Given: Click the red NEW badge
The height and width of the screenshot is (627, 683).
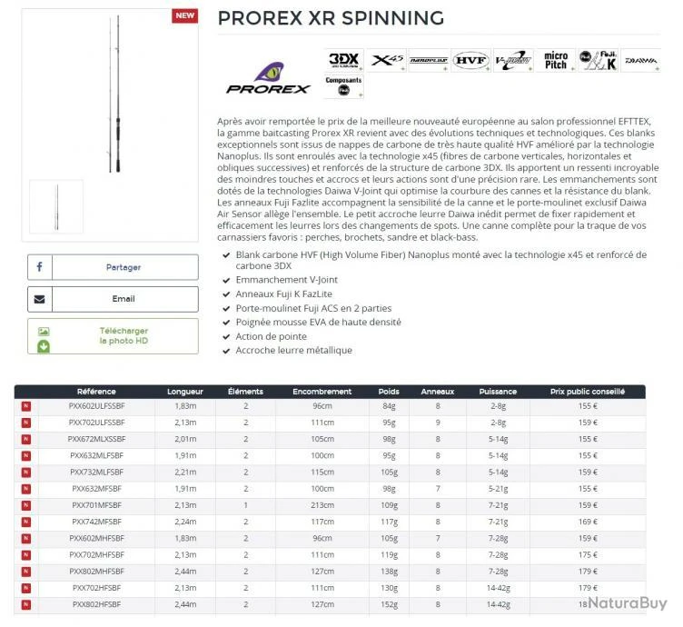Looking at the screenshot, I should coord(184,16).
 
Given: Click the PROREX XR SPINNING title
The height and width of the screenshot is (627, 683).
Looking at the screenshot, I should coord(331,18).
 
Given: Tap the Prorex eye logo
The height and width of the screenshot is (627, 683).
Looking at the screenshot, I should coord(268,76).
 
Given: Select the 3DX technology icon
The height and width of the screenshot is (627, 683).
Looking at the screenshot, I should coord(344,61).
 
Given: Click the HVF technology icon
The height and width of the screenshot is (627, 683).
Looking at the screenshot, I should coord(470,61).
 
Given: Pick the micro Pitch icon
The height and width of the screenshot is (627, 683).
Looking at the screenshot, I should coord(556,61).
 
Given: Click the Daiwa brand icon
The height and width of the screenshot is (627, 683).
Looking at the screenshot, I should coord(641,61).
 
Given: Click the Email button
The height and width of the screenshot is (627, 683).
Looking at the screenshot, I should coord(113,299).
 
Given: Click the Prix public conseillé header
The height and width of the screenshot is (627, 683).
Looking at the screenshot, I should coord(588,392).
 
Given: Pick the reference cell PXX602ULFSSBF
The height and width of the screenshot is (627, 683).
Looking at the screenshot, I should coord(97,406).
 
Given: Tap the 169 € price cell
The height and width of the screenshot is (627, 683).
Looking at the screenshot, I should coord(588,522).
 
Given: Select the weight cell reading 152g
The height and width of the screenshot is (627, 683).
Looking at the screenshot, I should coord(389,604).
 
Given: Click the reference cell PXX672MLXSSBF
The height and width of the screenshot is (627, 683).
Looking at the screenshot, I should coord(97,439).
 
